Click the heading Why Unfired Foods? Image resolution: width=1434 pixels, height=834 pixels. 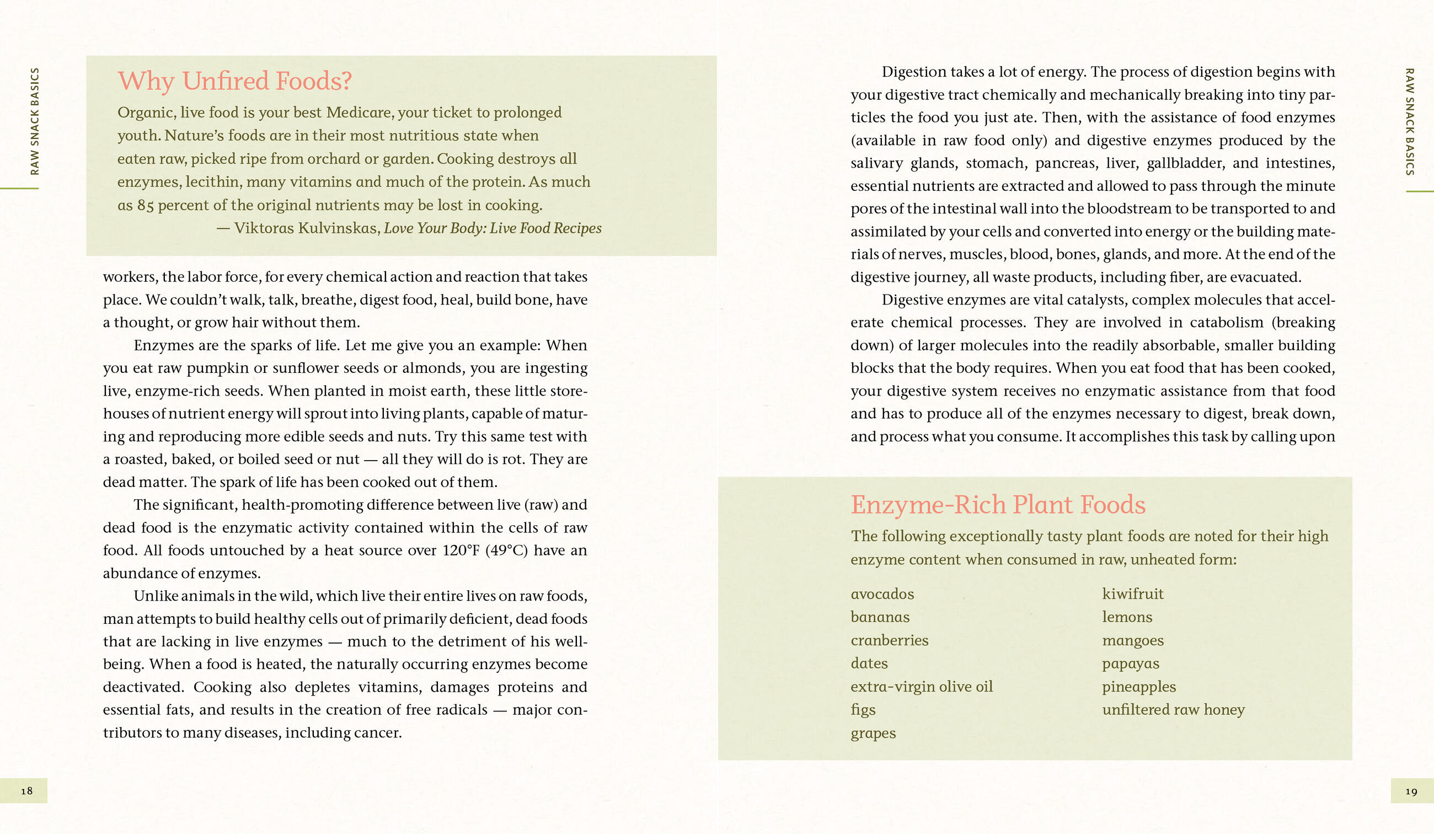(234, 81)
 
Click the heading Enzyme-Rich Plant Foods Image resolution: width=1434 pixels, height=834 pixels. (998, 504)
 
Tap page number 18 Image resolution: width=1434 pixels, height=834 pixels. (26, 791)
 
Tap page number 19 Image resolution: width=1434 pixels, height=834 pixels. (1411, 792)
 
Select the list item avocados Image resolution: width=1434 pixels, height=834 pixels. (882, 594)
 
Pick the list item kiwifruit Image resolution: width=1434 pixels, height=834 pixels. (1132, 594)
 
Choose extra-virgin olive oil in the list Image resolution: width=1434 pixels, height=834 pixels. (921, 687)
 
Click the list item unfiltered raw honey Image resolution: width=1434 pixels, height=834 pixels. (1173, 709)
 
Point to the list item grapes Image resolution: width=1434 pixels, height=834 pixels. (873, 733)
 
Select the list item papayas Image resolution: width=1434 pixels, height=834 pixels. (1130, 664)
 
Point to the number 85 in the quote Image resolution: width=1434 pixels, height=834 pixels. (145, 206)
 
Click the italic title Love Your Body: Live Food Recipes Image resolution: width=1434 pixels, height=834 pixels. (492, 228)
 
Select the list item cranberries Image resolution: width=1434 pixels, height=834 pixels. (890, 640)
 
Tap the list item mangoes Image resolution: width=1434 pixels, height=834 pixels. (1132, 640)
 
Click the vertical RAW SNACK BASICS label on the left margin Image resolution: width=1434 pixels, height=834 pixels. (35, 121)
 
